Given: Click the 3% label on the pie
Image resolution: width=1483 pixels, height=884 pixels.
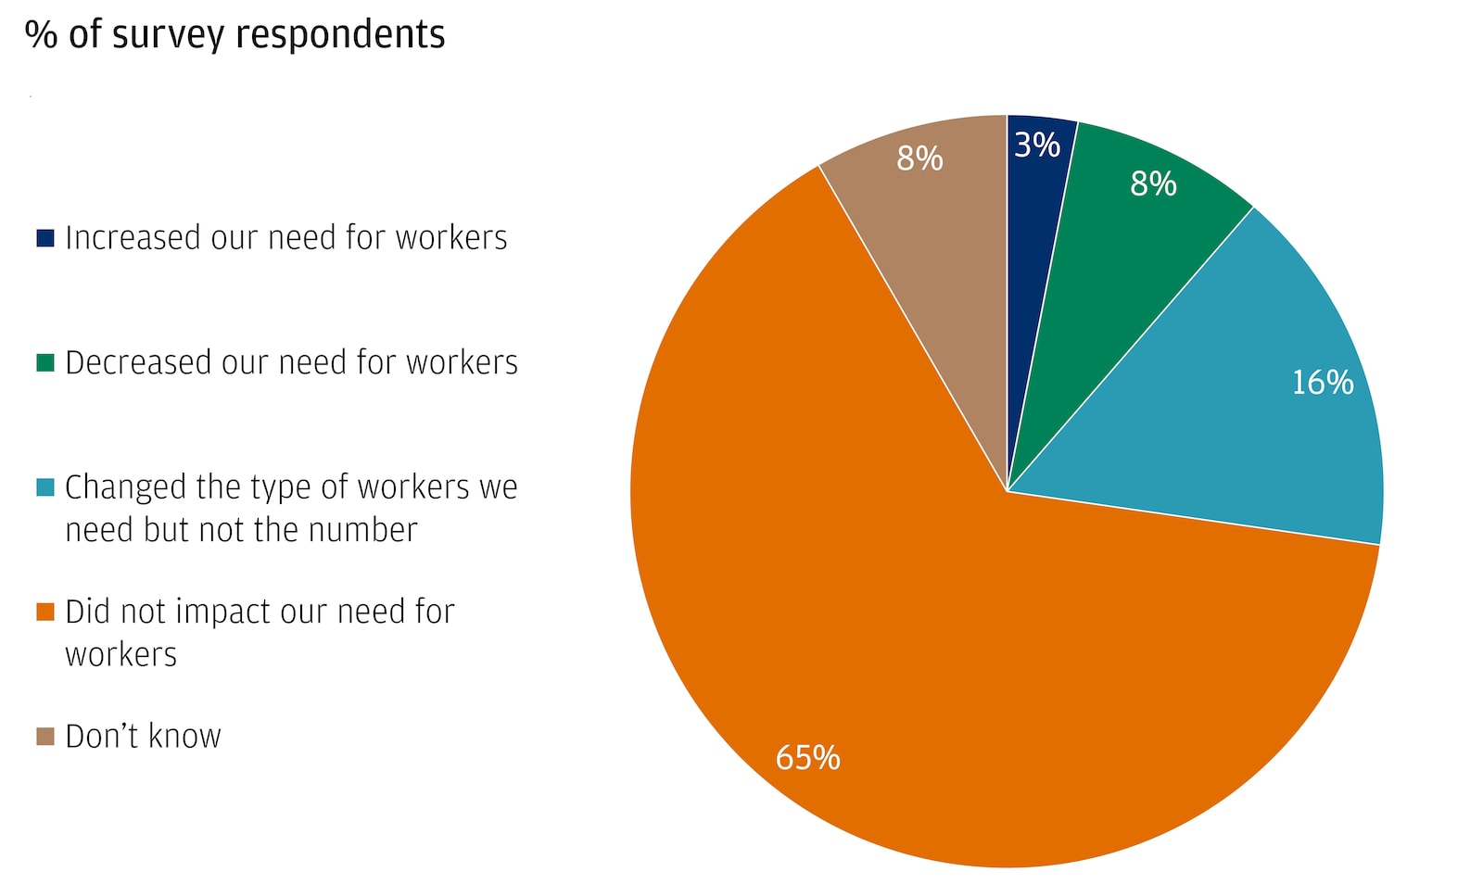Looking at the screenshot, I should (1037, 145).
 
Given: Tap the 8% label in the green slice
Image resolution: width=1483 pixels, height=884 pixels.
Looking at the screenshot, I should (1153, 184).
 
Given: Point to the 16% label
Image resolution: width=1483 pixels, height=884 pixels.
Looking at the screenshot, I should (1323, 383).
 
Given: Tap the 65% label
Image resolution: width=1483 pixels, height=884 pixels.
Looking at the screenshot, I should (807, 758).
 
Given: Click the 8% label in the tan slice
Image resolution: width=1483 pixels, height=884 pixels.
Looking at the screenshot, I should (919, 159).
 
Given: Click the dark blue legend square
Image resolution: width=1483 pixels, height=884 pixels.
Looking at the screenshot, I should (45, 238).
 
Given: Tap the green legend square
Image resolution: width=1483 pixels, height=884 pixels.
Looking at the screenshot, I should (45, 362).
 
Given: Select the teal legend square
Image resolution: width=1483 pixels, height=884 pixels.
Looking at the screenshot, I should (45, 487).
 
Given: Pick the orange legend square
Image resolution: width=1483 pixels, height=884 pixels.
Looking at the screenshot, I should (45, 612).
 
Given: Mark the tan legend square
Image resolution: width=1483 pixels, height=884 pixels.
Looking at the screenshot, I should (45, 737).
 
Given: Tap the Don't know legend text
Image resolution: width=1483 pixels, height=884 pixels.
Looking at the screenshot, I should (143, 737).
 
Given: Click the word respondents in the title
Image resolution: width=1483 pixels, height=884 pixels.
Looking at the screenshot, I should (340, 34).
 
